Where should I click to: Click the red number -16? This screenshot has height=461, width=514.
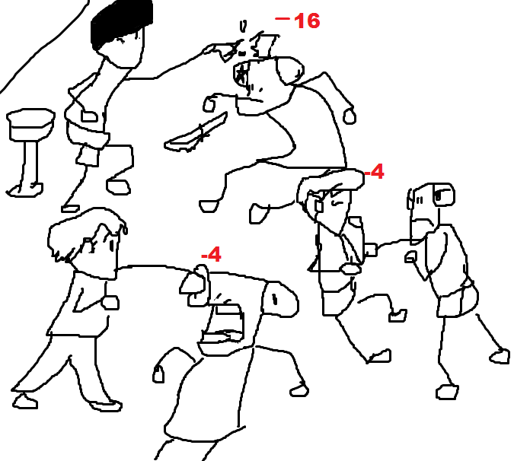click(x=297, y=21)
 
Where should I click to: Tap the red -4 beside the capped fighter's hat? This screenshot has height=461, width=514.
click(x=374, y=172)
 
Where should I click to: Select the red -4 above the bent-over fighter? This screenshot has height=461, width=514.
click(x=211, y=254)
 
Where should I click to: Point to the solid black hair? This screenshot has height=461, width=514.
click(x=120, y=23)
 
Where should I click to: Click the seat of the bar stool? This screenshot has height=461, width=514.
click(x=30, y=125)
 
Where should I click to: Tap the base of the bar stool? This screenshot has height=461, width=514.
click(x=25, y=190)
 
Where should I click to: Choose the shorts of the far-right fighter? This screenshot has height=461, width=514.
click(x=458, y=300)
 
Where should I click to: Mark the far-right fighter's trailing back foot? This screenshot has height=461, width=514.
click(x=500, y=356)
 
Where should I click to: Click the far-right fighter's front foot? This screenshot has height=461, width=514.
click(x=447, y=392)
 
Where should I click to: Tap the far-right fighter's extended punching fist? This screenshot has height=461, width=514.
click(x=371, y=250)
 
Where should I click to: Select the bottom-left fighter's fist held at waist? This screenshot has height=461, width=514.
click(x=110, y=302)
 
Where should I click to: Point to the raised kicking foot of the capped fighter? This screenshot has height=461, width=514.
click(x=397, y=316)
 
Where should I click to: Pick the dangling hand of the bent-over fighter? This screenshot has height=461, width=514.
click(x=158, y=374)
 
